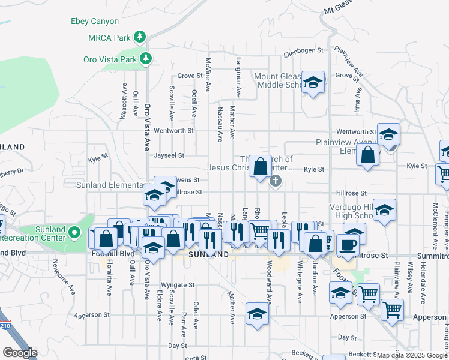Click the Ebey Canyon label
[95, 22]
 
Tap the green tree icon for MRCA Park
[140, 38]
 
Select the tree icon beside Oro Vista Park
[145, 59]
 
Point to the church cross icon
[276, 181]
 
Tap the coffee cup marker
[348, 245]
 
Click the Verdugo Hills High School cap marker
[384, 210]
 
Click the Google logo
[20, 353]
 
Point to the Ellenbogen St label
[304, 50]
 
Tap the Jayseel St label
[169, 155]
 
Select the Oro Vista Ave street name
[146, 127]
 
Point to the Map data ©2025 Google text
[412, 355]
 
